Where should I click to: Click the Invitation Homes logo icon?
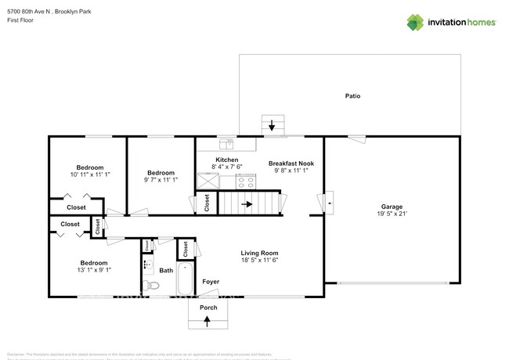[415, 22]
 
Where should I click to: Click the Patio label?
[352, 96]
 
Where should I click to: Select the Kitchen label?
[227, 160]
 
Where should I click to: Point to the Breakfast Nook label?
[291, 164]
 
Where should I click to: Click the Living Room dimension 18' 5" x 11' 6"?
[259, 261]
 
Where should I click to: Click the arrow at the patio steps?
[273, 125]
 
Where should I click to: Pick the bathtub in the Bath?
[186, 279]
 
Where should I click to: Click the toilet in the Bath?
[153, 286]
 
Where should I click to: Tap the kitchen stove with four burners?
[246, 182]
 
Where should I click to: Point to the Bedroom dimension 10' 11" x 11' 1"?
[90, 175]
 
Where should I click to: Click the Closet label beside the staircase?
[207, 203]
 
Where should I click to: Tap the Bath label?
[166, 271]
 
